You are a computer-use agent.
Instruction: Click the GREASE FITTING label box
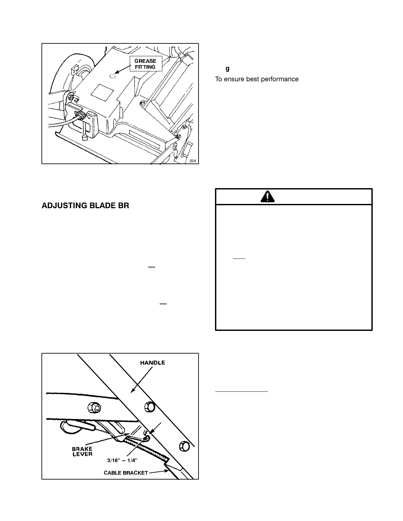[x=146, y=64]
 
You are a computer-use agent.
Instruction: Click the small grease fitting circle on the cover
[x=113, y=76]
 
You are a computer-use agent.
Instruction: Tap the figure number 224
[x=193, y=161]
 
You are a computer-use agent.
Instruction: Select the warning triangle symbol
[x=268, y=197]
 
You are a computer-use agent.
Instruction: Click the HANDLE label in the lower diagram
[x=152, y=363]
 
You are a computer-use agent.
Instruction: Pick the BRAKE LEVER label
[x=82, y=451]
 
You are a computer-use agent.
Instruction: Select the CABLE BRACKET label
[x=126, y=473]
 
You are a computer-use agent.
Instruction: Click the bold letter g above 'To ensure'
[x=227, y=69]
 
